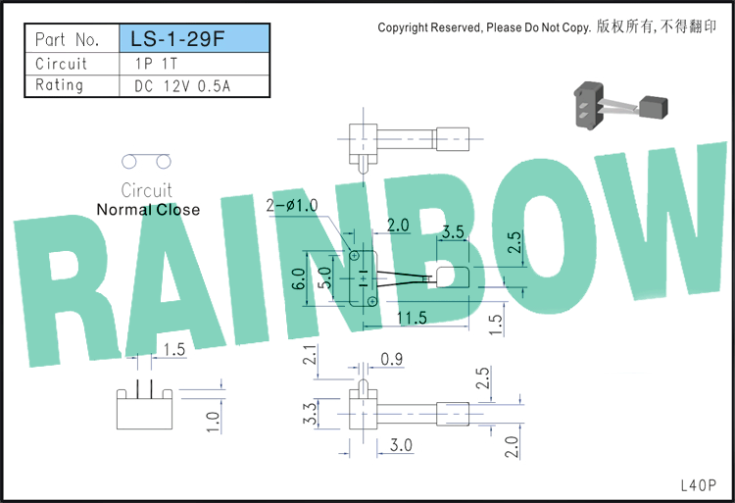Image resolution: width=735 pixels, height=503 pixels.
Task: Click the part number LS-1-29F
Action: click(177, 39)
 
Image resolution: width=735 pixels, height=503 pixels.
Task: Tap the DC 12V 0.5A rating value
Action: click(182, 85)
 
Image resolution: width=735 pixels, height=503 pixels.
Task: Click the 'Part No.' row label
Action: click(67, 39)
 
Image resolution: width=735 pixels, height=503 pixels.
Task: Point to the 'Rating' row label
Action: click(60, 85)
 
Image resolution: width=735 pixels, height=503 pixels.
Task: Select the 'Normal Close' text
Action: click(148, 210)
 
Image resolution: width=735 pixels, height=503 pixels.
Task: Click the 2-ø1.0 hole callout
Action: click(292, 205)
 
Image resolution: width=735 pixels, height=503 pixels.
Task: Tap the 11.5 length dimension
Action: click(412, 318)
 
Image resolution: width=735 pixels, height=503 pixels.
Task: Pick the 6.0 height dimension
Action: click(299, 278)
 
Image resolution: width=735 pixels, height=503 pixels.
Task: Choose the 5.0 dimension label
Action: click(324, 277)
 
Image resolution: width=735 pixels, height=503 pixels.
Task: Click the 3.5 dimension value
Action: click(453, 231)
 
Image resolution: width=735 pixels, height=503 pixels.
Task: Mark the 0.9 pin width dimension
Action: click(391, 359)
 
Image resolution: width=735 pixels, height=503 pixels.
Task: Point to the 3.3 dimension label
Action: click(310, 414)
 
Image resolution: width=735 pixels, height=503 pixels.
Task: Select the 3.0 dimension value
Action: click(401, 445)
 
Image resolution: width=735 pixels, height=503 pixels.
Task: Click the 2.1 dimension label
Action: click(310, 354)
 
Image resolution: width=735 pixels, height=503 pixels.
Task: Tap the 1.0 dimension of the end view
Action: click(213, 422)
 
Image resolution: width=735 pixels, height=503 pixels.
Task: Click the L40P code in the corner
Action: click(699, 485)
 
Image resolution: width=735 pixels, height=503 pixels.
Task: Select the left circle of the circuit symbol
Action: click(129, 162)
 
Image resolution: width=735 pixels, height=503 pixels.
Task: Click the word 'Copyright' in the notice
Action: click(403, 27)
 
